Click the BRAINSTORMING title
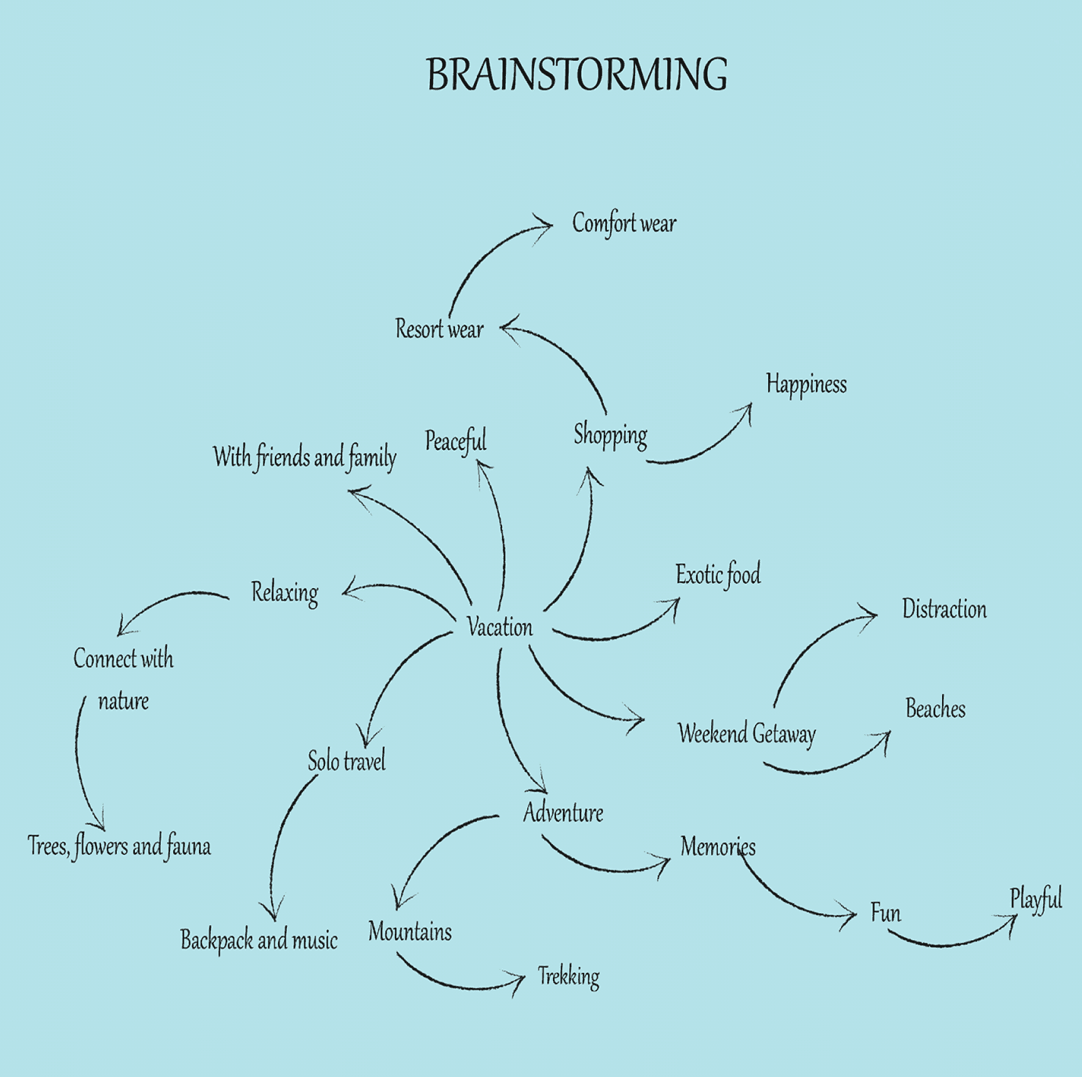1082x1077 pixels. [577, 75]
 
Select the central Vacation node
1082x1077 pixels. [500, 627]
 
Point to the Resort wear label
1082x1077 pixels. [439, 329]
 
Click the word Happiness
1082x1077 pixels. [806, 384]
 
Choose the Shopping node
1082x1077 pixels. [610, 435]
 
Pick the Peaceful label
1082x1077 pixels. [456, 441]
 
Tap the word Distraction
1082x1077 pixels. [944, 609]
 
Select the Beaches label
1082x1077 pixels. [935, 709]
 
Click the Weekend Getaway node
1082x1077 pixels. [746, 734]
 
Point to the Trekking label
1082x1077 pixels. [569, 977]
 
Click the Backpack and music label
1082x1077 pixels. [259, 940]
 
